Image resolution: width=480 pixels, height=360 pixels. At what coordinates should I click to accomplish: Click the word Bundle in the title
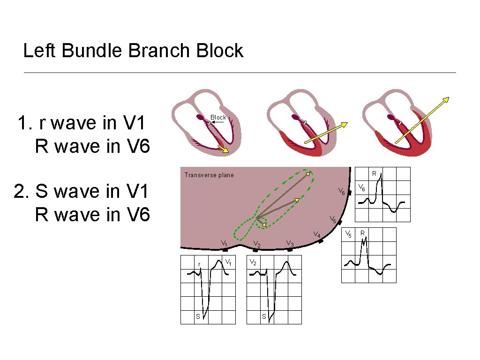coord(95,51)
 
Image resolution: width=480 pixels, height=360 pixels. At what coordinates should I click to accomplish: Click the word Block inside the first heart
coord(218,117)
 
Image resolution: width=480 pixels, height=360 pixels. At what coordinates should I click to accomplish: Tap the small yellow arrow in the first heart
coord(223,150)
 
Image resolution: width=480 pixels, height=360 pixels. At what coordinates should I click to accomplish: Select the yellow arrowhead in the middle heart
coord(344,125)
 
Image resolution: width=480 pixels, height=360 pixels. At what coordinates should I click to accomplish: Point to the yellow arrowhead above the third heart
coord(446,99)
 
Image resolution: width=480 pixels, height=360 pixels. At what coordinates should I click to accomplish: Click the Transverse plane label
coord(209,175)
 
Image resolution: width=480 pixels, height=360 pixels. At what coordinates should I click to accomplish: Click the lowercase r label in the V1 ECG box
coord(199,264)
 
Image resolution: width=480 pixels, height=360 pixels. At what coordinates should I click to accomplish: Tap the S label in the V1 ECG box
coord(198,316)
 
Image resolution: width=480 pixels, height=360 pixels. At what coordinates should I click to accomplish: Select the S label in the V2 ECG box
coord(264,316)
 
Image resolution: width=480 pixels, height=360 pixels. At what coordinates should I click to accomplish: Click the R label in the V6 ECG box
coord(374,173)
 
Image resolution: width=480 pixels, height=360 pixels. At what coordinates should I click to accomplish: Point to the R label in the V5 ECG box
coord(362,232)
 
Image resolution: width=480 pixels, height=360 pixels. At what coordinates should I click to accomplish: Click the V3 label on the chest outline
coord(290,243)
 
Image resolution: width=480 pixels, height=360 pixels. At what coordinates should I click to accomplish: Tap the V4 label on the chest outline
coord(317,234)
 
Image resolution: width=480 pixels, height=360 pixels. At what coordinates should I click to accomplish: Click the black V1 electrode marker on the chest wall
coord(225,250)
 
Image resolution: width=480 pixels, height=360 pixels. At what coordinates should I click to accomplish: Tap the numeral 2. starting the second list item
coord(22,192)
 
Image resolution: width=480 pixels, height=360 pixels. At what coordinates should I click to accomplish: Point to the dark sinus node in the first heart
coord(200,117)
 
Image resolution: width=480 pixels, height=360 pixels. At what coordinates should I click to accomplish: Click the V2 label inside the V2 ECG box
coord(253,262)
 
